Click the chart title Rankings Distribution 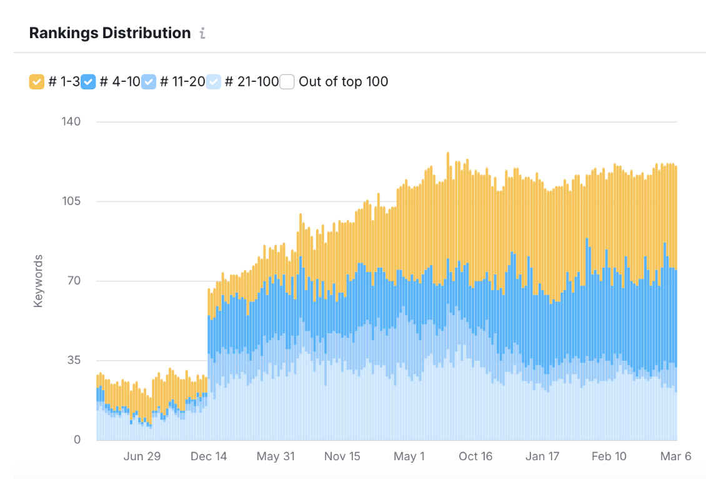[110, 33]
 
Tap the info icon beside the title [202, 34]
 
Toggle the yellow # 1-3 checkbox [37, 81]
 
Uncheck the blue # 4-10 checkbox [88, 81]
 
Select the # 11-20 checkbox [149, 81]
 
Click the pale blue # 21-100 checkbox [214, 81]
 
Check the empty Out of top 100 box [287, 81]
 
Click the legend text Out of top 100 [343, 81]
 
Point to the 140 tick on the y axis [71, 121]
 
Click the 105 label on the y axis [71, 201]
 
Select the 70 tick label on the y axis [74, 280]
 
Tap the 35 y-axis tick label [74, 360]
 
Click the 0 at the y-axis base [77, 440]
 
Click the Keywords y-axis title [38, 281]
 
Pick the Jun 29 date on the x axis [142, 456]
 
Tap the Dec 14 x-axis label [209, 456]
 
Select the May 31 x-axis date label [276, 456]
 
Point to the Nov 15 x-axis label [342, 456]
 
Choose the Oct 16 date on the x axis [475, 456]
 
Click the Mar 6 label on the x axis [676, 456]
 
